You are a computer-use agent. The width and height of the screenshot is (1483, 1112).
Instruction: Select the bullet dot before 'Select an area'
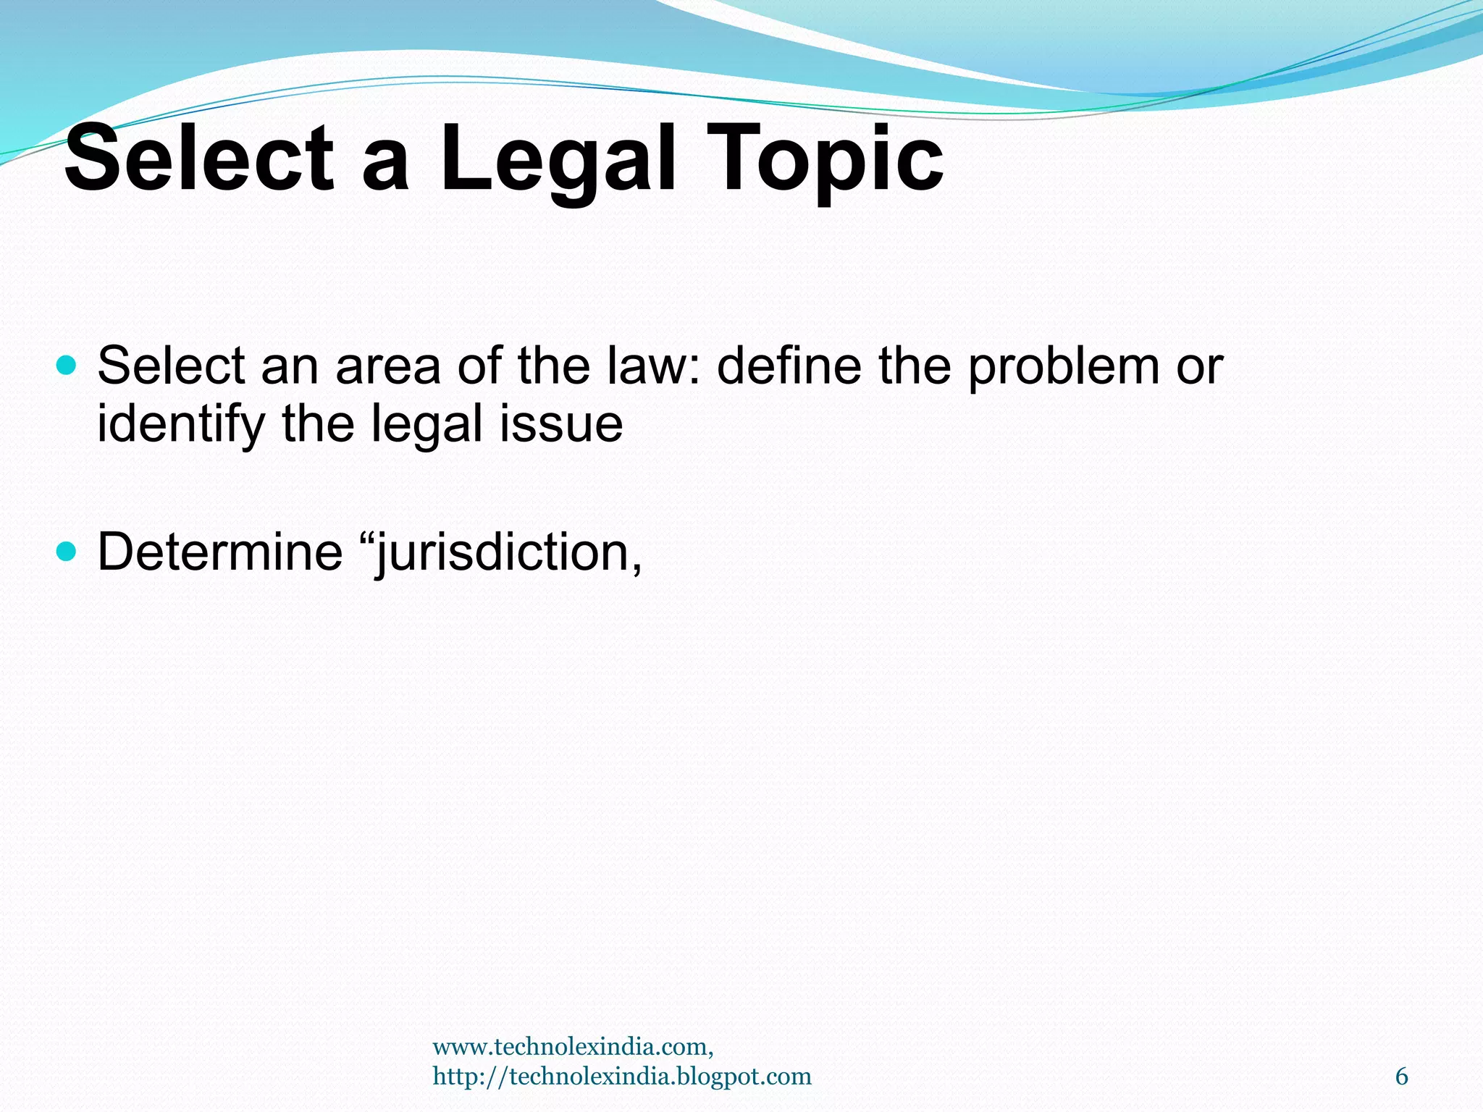point(66,365)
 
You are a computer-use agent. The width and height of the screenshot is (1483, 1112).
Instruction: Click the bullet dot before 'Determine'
point(66,552)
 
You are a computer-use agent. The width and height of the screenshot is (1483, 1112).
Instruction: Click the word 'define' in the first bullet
point(789,366)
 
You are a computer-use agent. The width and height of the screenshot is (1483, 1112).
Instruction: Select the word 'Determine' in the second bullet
point(220,552)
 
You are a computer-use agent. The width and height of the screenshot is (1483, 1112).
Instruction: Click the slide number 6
point(1401,1077)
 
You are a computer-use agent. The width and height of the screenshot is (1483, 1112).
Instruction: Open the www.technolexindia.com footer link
point(572,1046)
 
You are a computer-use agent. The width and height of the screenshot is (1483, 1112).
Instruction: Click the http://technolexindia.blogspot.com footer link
point(621,1077)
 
